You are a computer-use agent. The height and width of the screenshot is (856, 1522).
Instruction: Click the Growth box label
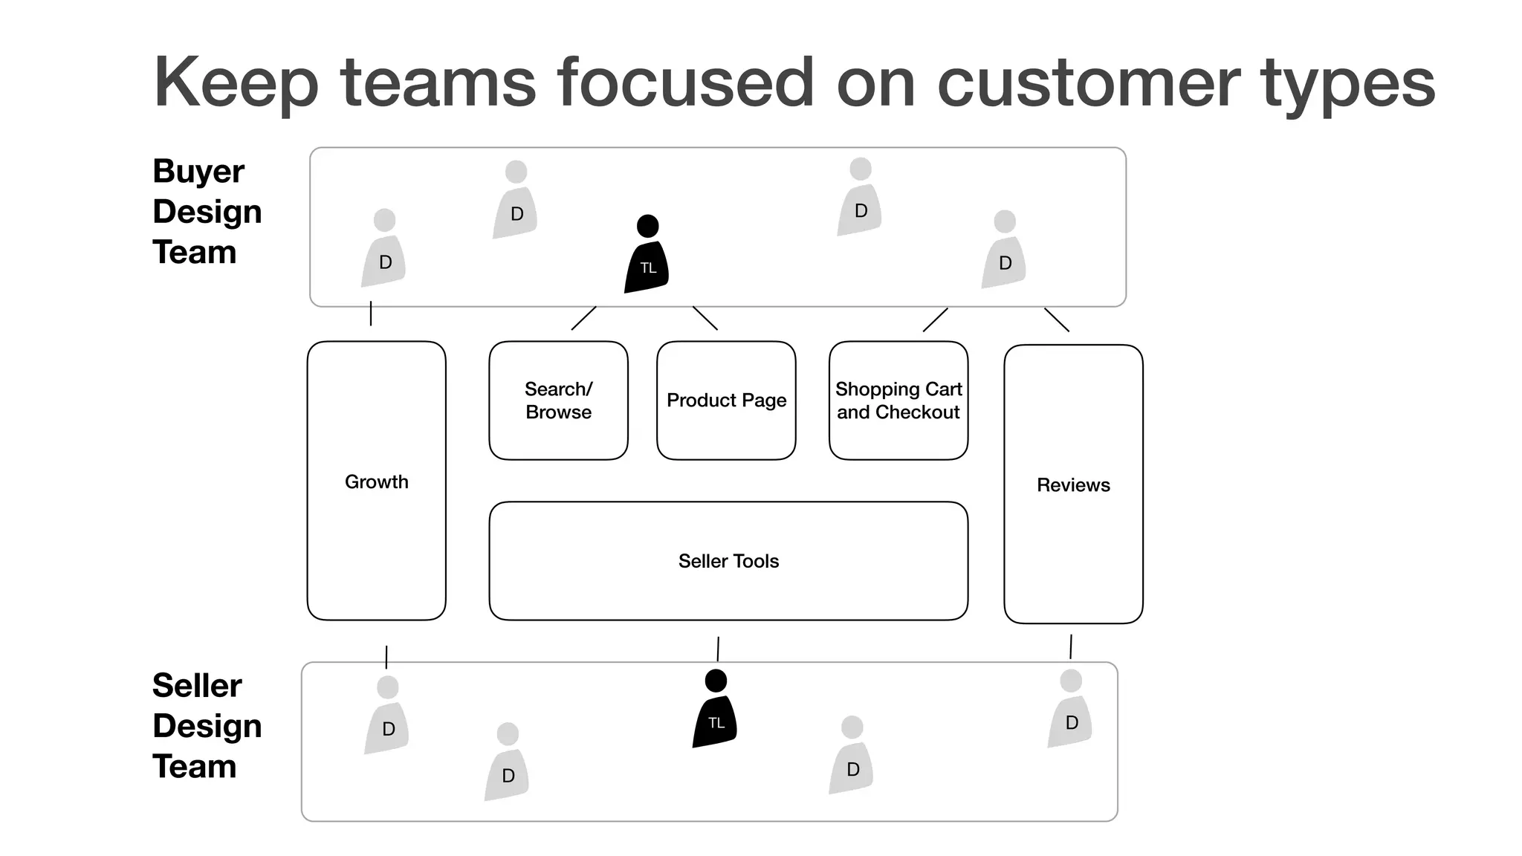click(x=376, y=481)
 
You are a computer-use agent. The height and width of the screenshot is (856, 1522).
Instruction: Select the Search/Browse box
click(x=558, y=401)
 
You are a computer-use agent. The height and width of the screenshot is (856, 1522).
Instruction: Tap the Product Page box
click(x=726, y=401)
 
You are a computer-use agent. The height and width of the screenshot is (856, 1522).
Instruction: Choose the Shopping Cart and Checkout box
click(x=898, y=401)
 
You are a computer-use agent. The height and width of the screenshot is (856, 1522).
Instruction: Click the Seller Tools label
click(x=728, y=561)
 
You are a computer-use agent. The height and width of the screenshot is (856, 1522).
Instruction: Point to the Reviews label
click(x=1072, y=485)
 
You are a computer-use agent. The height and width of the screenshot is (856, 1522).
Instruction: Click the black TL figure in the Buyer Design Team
click(x=647, y=256)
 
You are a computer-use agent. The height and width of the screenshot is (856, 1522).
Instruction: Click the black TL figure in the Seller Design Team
click(x=715, y=711)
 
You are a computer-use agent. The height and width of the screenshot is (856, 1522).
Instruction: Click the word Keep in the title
click(x=236, y=83)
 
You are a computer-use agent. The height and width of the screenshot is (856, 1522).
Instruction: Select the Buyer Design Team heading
click(x=206, y=212)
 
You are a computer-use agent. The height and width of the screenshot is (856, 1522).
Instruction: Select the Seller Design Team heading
click(x=206, y=726)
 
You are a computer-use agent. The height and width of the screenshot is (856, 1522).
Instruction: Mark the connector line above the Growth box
click(x=371, y=314)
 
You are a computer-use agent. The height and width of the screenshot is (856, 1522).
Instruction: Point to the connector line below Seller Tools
click(x=718, y=649)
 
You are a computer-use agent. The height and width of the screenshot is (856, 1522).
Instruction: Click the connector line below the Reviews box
click(x=1071, y=646)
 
